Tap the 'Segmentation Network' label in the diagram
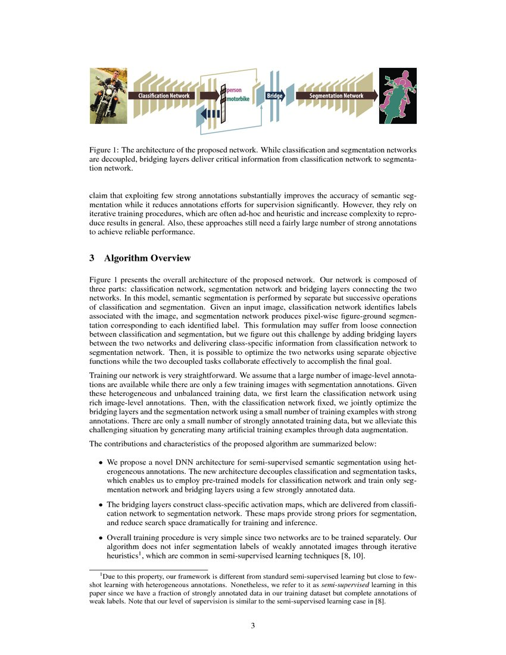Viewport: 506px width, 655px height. pyautogui.click(x=336, y=95)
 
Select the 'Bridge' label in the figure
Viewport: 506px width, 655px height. pyautogui.click(x=274, y=95)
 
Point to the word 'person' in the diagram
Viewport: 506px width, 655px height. pyautogui.click(x=234, y=89)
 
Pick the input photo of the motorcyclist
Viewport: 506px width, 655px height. pyautogui.click(x=108, y=95)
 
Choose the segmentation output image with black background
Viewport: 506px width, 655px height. pyautogui.click(x=398, y=95)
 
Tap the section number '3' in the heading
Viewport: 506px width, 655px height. pyautogui.click(x=92, y=258)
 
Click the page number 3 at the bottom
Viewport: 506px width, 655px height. pyautogui.click(x=253, y=625)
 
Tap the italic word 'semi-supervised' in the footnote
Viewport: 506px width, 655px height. pyautogui.click(x=346, y=584)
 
